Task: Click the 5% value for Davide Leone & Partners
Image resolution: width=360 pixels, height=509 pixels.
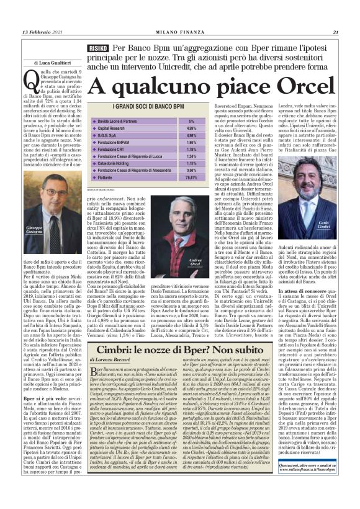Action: [191, 121]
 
